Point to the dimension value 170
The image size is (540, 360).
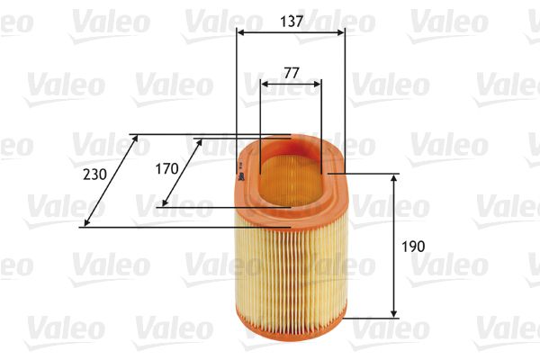[166, 168]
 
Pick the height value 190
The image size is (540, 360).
[413, 245]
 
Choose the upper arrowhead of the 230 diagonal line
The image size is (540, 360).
[136, 139]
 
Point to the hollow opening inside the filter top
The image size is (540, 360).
[290, 171]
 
